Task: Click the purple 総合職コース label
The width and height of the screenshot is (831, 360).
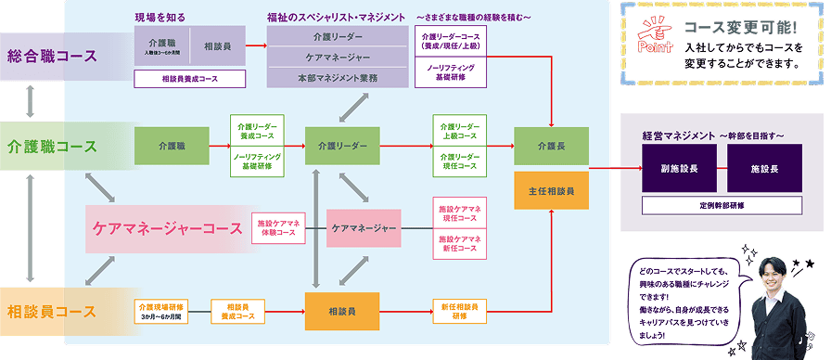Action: click(52, 56)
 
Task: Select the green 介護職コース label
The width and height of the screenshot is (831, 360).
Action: click(52, 147)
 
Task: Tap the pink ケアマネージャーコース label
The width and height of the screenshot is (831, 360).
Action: click(166, 227)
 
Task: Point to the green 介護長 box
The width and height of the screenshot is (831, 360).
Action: click(551, 147)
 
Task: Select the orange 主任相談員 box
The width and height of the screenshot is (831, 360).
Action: click(551, 190)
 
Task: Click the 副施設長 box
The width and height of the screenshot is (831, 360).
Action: click(681, 169)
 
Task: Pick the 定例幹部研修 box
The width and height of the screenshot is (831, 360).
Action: click(722, 204)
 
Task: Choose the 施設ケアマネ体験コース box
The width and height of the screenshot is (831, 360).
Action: click(279, 227)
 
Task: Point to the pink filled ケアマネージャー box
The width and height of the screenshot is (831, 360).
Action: click(364, 227)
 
